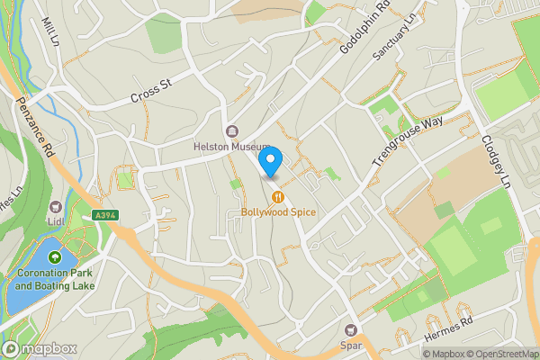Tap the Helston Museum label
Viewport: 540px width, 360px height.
point(231,147)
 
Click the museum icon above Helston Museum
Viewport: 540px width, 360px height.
point(232,131)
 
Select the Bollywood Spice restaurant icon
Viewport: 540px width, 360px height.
point(278,196)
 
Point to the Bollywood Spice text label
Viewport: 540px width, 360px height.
point(278,212)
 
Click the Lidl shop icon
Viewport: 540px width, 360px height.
point(57,207)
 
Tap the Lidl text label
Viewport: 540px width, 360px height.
point(57,221)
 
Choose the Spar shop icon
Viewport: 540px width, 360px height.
point(351,329)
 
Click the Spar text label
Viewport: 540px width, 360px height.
point(351,344)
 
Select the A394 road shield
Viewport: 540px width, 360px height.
point(104,215)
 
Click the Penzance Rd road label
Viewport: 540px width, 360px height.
point(35,127)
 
